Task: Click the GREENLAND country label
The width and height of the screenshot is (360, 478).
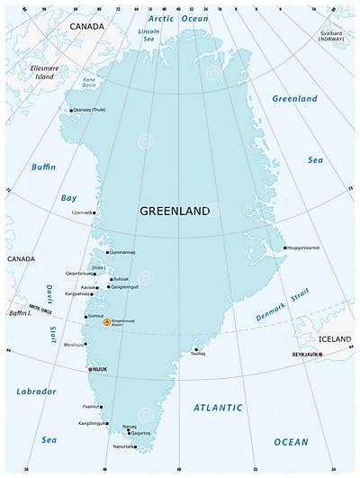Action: pyautogui.click(x=175, y=211)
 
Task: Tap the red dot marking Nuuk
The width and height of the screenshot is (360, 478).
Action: pyautogui.click(x=89, y=369)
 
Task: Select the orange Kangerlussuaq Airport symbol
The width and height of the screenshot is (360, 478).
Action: pyautogui.click(x=107, y=321)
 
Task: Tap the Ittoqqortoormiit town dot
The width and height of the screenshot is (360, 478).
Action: pyautogui.click(x=284, y=248)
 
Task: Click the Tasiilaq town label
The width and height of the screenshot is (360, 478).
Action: pyautogui.click(x=197, y=354)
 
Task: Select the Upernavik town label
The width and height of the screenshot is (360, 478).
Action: pyautogui.click(x=82, y=212)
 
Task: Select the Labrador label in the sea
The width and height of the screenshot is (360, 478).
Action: pyautogui.click(x=36, y=392)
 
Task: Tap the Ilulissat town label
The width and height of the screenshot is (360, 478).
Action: pyautogui.click(x=121, y=279)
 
